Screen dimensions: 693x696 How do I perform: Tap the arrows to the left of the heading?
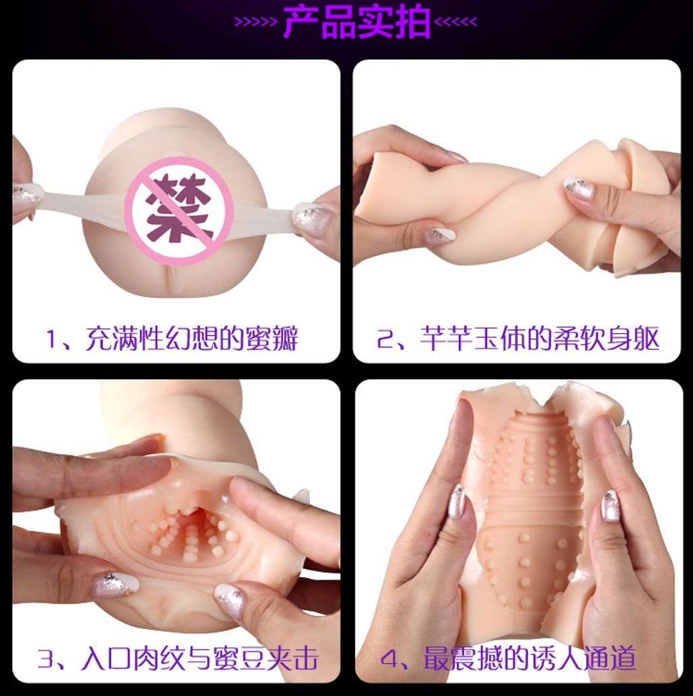[256, 22]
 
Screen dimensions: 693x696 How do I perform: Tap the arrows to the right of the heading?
[455, 22]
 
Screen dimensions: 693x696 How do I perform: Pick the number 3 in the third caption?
[45, 659]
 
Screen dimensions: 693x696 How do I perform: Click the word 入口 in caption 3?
[105, 659]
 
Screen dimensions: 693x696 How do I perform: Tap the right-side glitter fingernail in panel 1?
[309, 219]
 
